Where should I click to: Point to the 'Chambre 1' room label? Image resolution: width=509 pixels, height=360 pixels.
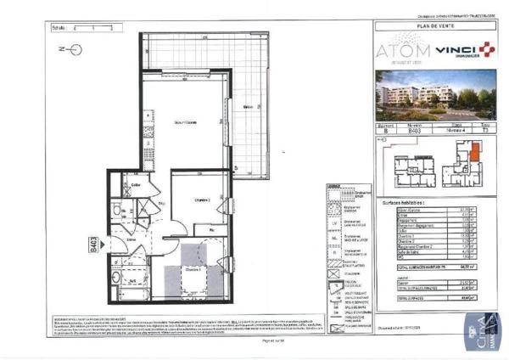pos(193,269)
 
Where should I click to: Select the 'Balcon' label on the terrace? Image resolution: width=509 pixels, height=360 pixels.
pos(247,107)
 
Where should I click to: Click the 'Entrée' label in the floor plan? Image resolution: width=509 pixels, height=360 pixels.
pos(133,240)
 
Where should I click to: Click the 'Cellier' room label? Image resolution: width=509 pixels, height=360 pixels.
pos(136,184)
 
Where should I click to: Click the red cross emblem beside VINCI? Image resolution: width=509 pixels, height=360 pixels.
pos(487,50)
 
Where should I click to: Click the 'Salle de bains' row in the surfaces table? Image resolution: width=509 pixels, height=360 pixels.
pos(400,250)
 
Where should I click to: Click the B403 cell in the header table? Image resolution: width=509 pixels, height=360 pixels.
pos(414,132)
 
